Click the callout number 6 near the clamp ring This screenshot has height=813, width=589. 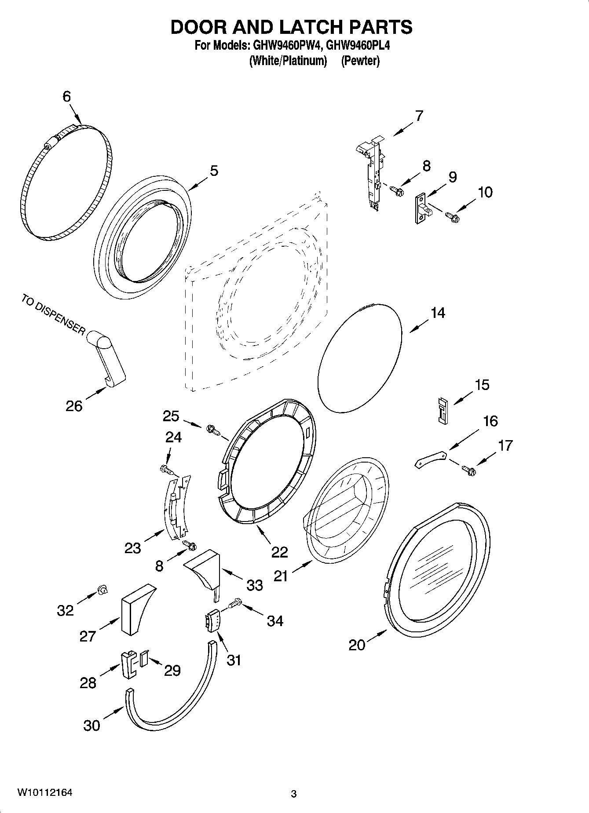[66, 97]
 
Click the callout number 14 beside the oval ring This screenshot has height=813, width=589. [438, 313]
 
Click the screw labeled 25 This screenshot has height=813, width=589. [212, 429]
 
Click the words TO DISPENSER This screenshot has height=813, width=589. [52, 315]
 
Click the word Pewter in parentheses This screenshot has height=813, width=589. [360, 61]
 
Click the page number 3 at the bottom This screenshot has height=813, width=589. [294, 794]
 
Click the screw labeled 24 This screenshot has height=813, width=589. [166, 470]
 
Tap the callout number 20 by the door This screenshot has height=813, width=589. [357, 645]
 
